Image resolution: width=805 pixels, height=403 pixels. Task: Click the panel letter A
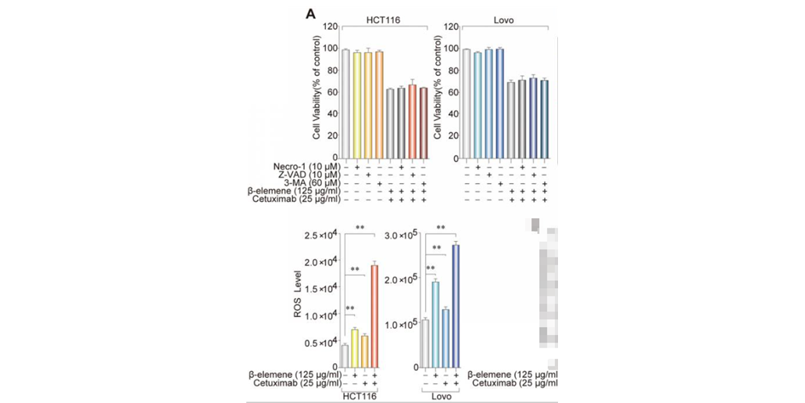pos(311,13)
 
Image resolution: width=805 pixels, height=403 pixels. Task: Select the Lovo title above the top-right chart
pos(505,19)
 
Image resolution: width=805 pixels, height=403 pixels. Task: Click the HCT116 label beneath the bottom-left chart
pos(359,396)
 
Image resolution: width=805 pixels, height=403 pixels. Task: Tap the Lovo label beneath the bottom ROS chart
pos(439,396)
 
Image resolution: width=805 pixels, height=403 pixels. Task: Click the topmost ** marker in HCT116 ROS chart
pos(360,228)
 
